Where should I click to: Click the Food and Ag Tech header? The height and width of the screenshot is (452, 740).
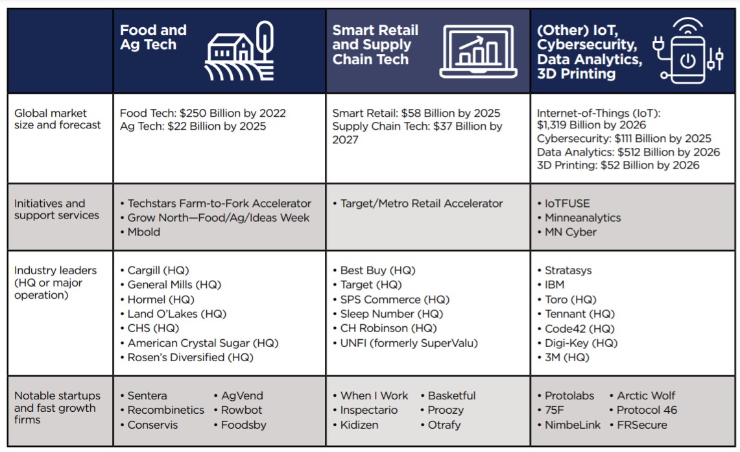[153, 38]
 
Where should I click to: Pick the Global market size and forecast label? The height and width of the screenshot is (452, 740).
[58, 119]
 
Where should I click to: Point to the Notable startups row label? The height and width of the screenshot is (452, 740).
[58, 407]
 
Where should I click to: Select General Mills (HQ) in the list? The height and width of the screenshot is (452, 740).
[174, 285]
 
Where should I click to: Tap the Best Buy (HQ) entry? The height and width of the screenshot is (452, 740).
[377, 270]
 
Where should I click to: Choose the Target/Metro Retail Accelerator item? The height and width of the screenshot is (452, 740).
[422, 204]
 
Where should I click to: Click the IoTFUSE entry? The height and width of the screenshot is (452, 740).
[567, 204]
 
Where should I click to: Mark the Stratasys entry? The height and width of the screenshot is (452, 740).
[568, 270]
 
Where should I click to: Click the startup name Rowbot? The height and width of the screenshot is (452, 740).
[241, 410]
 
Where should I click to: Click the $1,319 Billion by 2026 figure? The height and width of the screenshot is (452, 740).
[591, 125]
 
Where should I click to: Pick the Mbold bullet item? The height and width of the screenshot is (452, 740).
[143, 232]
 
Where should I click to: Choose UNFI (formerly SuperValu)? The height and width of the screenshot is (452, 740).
[409, 343]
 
